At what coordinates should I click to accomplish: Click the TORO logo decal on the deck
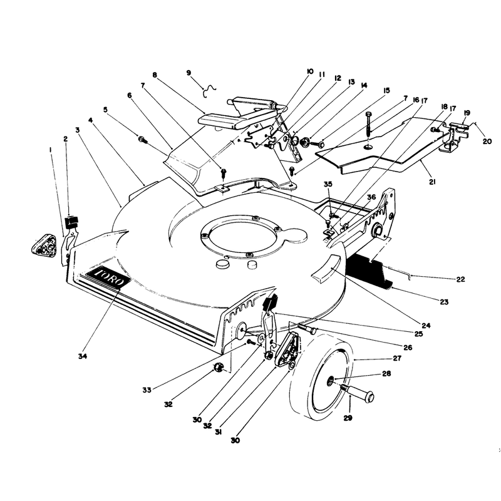(x=108, y=276)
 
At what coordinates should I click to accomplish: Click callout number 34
(x=83, y=356)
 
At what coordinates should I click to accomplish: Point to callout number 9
(x=189, y=73)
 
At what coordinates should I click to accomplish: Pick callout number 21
(x=432, y=182)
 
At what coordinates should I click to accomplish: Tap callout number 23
(x=444, y=302)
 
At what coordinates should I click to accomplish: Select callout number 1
(x=51, y=149)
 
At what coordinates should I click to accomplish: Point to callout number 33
(x=147, y=390)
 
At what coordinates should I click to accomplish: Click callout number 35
(x=328, y=184)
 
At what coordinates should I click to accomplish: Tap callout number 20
(x=487, y=141)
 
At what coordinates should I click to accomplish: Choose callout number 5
(x=105, y=110)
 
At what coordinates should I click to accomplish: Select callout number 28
(x=386, y=373)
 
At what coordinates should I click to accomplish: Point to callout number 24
(x=426, y=325)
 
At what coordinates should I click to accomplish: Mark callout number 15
(x=386, y=90)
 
